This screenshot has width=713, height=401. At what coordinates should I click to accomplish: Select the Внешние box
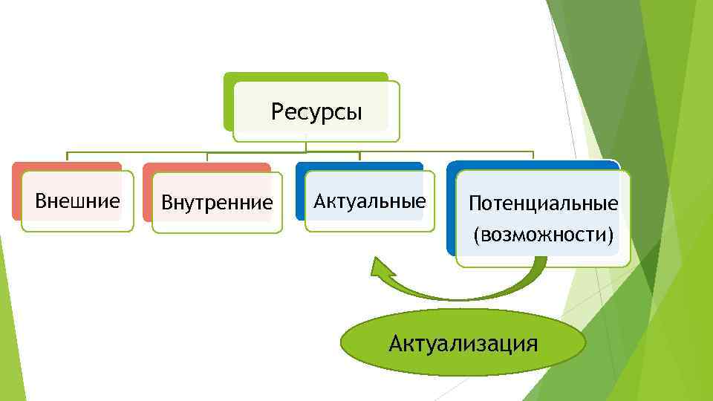click(77, 200)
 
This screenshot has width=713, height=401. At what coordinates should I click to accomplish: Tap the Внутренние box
click(217, 202)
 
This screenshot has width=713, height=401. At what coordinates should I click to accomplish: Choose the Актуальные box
click(370, 200)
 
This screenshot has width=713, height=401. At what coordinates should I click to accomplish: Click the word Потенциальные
click(544, 203)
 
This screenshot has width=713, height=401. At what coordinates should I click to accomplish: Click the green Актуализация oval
click(463, 344)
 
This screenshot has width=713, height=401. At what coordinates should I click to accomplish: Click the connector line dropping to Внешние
click(68, 157)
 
